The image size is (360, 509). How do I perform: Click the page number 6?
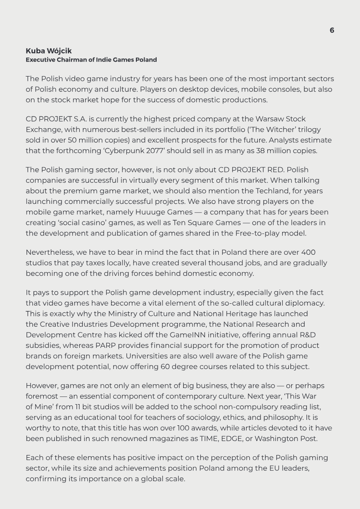pos(332,30)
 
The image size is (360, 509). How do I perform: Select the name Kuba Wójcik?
pos(49,51)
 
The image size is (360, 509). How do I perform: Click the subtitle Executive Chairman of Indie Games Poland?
pos(91,60)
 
